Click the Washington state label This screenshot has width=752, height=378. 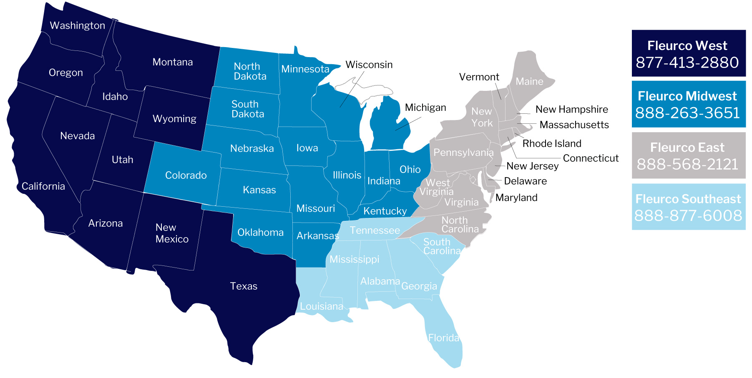77,25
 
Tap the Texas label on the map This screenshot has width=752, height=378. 244,286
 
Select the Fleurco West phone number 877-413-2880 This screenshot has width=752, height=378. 687,63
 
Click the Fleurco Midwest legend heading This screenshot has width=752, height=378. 687,96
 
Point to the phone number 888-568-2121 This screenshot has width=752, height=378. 687,164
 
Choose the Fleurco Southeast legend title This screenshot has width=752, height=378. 688,199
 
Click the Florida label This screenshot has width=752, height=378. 443,338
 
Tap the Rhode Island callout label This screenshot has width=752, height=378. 551,144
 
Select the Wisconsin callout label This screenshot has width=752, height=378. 369,65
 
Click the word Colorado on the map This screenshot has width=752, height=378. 186,175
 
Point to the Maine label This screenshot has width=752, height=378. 529,82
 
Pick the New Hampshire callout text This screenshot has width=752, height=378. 571,110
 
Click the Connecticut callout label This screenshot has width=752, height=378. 590,158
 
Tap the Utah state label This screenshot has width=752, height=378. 122,160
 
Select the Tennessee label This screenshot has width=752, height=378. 375,230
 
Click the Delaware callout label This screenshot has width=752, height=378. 525,181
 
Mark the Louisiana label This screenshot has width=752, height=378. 321,307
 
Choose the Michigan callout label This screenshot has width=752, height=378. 425,108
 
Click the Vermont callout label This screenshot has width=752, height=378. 479,77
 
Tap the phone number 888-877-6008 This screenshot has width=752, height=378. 688,216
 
